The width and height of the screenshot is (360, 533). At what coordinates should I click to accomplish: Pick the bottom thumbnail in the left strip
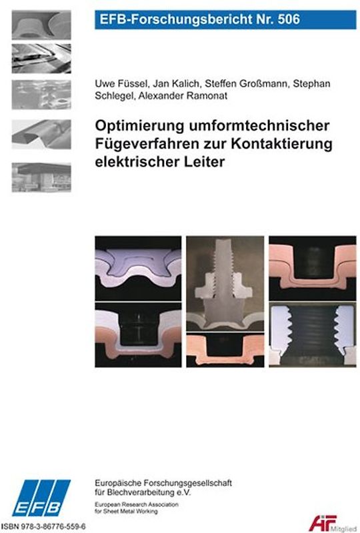point(41,176)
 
